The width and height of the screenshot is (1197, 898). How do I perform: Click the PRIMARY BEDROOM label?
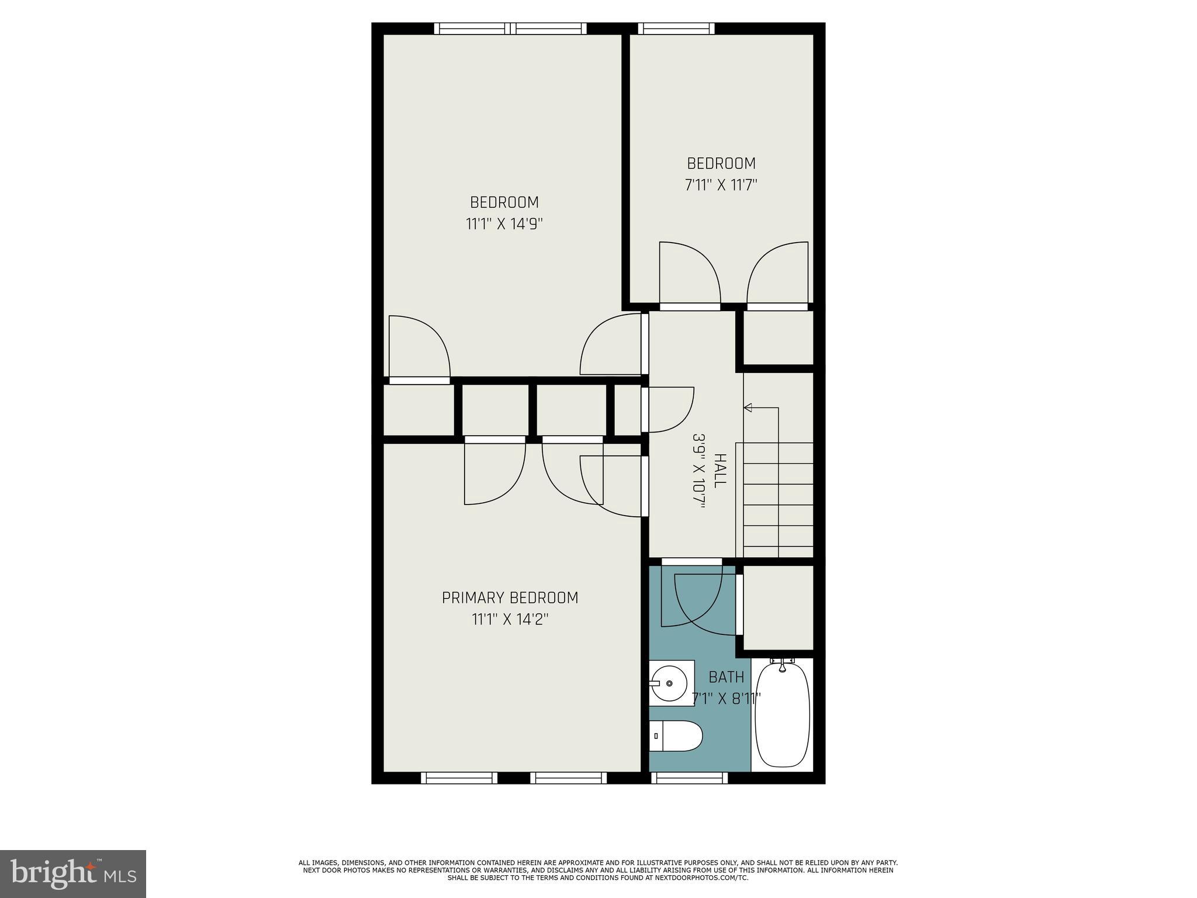pyautogui.click(x=510, y=597)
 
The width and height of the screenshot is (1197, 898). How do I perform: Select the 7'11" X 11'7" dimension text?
pyautogui.click(x=721, y=185)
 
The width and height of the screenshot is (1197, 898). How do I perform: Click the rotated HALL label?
pyautogui.click(x=720, y=471)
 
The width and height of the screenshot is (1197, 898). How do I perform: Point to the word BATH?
pyautogui.click(x=726, y=677)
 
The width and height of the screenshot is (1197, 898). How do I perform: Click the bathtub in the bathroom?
pyautogui.click(x=782, y=716)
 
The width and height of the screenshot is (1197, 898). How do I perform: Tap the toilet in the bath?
pyautogui.click(x=676, y=736)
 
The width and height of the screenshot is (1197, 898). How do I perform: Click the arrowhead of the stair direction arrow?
pyautogui.click(x=747, y=407)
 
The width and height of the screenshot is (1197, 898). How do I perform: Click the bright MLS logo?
pyautogui.click(x=73, y=874)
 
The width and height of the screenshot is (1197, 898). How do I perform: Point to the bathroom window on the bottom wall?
pyautogui.click(x=689, y=778)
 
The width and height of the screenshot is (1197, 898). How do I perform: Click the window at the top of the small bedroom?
pyautogui.click(x=676, y=29)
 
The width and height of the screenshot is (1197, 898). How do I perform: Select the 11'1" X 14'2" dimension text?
pyautogui.click(x=510, y=619)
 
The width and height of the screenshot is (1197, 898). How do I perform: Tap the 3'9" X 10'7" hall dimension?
pyautogui.click(x=698, y=471)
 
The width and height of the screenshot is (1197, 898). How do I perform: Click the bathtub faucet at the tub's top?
pyautogui.click(x=783, y=662)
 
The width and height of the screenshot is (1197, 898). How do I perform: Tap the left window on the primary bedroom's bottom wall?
pyautogui.click(x=458, y=778)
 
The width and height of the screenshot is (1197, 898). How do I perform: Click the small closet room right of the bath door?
pyautogui.click(x=778, y=607)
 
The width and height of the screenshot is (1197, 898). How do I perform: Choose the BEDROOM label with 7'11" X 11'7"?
pyautogui.click(x=721, y=163)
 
